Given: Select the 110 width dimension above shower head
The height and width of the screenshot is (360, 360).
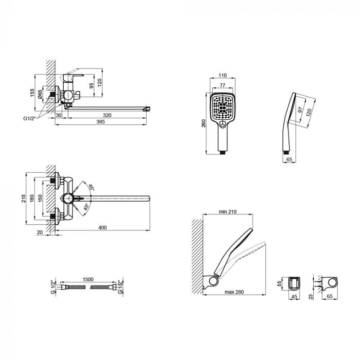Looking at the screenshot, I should coord(223,75).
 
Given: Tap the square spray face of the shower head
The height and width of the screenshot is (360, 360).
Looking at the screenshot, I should coord(223,107).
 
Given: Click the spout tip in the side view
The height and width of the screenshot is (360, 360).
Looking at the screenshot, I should coord(148,109).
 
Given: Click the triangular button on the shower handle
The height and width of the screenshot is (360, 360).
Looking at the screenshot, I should coord(223,123).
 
